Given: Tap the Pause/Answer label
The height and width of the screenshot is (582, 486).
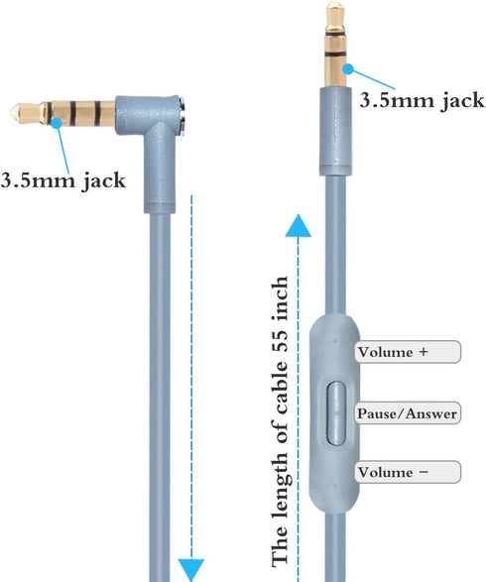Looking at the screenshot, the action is [x=408, y=412].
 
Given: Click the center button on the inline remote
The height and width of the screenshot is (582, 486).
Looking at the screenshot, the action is [x=336, y=412].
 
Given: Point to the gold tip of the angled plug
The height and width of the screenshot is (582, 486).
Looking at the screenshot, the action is [x=17, y=110].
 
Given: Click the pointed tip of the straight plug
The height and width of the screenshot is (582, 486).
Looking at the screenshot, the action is [x=335, y=3].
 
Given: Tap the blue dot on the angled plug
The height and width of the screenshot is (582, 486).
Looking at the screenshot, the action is [x=57, y=123].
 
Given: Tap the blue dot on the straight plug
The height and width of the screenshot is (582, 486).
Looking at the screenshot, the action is [x=348, y=69].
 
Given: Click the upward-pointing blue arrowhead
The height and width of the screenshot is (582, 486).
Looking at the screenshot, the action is [x=298, y=226].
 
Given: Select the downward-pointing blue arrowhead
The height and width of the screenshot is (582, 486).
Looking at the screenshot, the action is [x=191, y=570].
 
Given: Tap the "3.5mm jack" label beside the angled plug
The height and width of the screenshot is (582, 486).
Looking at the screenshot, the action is [x=63, y=180].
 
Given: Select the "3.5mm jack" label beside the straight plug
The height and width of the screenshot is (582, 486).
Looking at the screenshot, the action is [x=423, y=100].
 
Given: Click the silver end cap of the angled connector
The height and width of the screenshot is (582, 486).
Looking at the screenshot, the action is [x=182, y=115].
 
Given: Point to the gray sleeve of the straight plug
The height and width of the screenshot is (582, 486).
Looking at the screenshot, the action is [x=335, y=132].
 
